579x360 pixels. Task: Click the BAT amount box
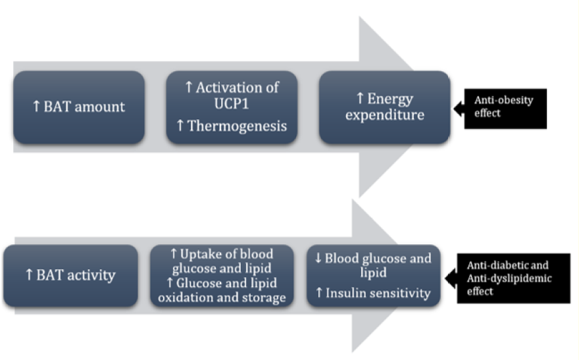pyautogui.click(x=78, y=107)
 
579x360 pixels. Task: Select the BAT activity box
pyautogui.click(x=70, y=275)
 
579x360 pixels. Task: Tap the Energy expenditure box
pyautogui.click(x=385, y=107)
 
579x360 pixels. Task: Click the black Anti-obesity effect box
pyautogui.click(x=505, y=107)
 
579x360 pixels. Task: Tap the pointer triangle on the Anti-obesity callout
pyautogui.click(x=458, y=108)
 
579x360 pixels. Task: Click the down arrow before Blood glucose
pyautogui.click(x=318, y=259)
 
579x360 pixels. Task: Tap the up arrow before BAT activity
pyautogui.click(x=28, y=275)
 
